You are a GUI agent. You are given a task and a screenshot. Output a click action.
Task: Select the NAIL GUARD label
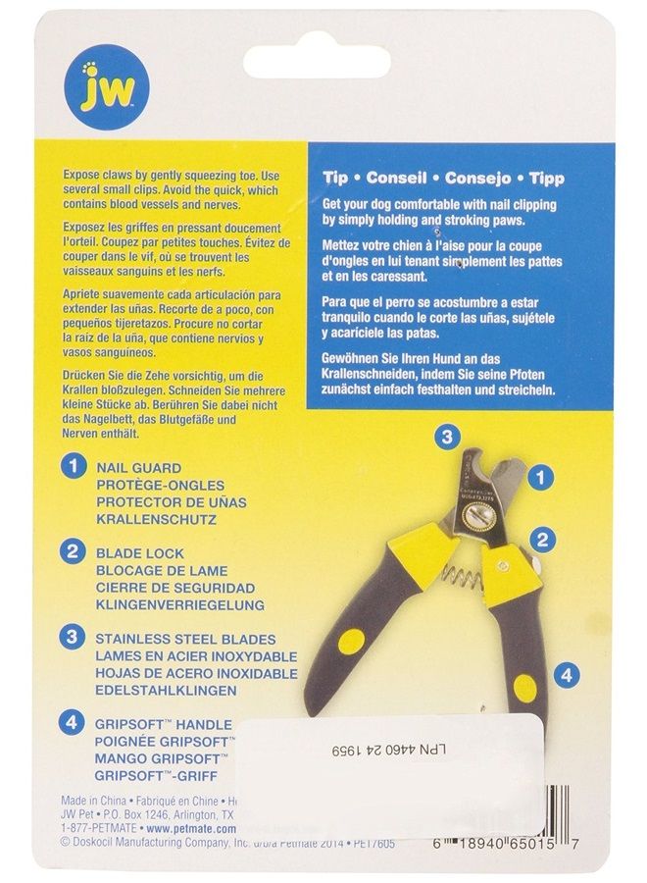138,469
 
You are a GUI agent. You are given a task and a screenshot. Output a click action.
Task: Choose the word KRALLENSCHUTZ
157,519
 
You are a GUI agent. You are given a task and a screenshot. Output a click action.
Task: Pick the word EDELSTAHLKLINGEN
169,691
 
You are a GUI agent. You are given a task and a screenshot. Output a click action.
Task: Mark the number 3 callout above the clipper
445,437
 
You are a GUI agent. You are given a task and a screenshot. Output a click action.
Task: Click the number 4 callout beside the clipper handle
568,674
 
